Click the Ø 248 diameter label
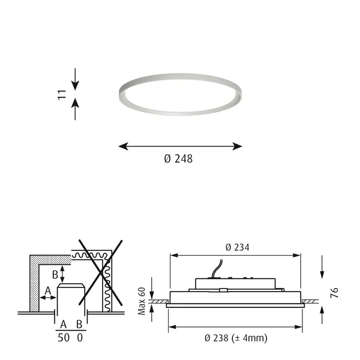(178, 158)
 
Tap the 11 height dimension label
(62, 95)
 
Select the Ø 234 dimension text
(237, 247)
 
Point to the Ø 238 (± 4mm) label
(236, 338)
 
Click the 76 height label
(334, 293)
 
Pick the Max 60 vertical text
(142, 301)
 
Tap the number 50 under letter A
(64, 338)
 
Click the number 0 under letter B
(80, 338)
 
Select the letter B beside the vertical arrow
(55, 275)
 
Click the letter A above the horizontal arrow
(48, 290)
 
